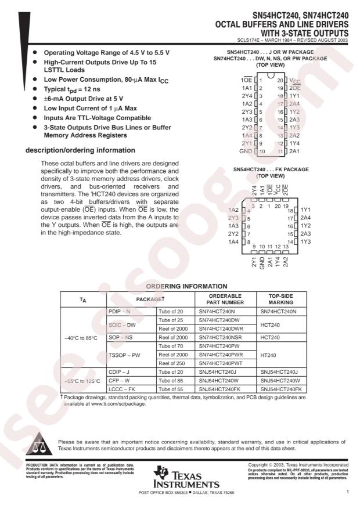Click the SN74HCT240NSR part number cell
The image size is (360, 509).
click(221, 337)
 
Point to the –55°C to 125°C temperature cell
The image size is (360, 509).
click(83, 381)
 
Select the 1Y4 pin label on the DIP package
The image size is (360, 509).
click(293, 143)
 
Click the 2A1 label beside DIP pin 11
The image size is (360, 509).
click(293, 151)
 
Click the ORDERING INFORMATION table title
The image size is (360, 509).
click(186, 286)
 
